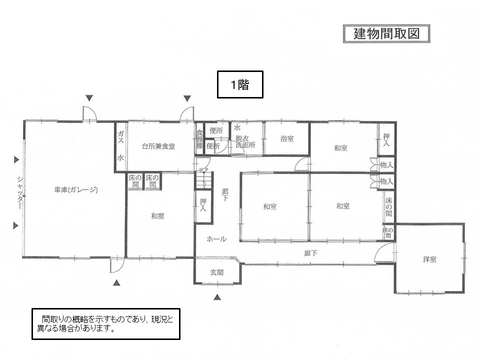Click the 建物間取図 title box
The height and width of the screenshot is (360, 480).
coord(386,33)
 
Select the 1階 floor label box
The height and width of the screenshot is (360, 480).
coord(240,84)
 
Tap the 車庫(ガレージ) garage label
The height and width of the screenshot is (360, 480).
coord(76,190)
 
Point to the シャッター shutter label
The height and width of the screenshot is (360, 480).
coord(20,192)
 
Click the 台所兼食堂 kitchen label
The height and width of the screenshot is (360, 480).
coord(158,146)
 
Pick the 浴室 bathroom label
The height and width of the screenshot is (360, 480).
coord(287,138)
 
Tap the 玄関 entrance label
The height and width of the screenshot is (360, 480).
coord(216,272)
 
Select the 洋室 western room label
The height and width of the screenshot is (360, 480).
coord(429,259)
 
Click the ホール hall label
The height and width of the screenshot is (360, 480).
coord(216,239)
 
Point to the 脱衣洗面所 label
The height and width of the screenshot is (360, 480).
coord(245,141)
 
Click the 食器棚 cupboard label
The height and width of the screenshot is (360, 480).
coord(199,139)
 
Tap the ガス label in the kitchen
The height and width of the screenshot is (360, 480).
coord(120,137)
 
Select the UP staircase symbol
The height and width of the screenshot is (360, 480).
coord(203,179)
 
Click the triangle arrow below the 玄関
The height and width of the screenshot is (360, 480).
coord(217,296)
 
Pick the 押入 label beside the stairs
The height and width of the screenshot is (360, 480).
coord(203,205)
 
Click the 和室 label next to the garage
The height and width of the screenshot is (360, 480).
coord(157,216)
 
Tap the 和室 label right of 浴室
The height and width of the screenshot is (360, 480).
coord(340,148)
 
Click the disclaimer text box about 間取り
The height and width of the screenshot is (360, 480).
coord(106,324)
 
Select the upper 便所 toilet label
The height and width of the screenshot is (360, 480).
coord(216,130)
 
